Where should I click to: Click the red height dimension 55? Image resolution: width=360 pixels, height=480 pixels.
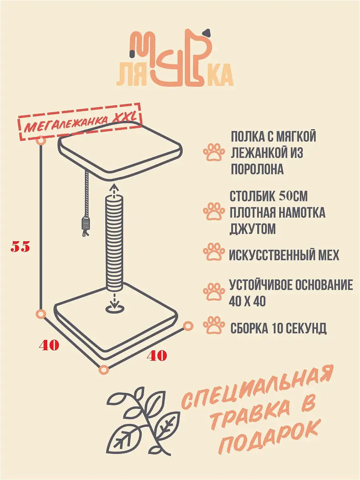(x=20, y=247)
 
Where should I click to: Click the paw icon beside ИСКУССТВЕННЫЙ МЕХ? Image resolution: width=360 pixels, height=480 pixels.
(x=214, y=252)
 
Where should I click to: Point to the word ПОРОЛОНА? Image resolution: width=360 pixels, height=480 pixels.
(x=257, y=169)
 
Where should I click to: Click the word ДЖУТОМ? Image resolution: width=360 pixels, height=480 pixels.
(x=252, y=229)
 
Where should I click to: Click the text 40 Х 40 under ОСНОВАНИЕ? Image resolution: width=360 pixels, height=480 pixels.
(x=247, y=302)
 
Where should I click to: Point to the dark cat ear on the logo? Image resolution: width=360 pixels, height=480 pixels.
(x=207, y=33)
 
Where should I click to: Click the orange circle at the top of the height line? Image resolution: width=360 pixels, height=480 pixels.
(x=41, y=141)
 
